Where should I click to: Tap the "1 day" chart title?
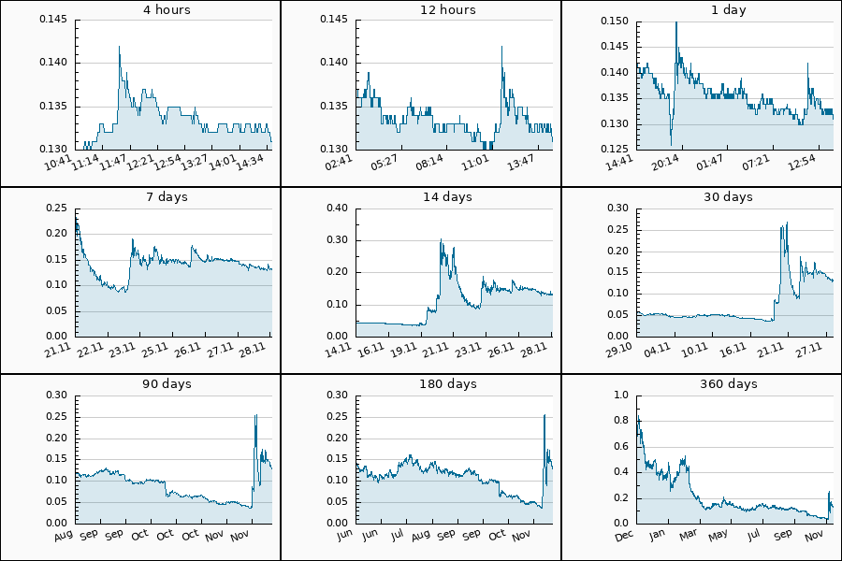tap(731, 10)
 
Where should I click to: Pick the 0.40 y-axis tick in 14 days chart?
tap(337, 208)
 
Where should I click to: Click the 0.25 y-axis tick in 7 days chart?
tap(56, 208)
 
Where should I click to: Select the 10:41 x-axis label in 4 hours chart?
tap(59, 163)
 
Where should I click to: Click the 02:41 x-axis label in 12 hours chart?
tap(340, 163)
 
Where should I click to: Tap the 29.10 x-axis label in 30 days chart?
tap(621, 349)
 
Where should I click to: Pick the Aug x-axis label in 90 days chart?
tap(64, 536)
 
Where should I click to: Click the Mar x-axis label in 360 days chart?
tap(690, 536)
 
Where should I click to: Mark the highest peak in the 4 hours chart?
tap(119, 46)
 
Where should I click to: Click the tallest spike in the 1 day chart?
tap(675, 22)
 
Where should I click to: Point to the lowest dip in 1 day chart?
tap(671, 144)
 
